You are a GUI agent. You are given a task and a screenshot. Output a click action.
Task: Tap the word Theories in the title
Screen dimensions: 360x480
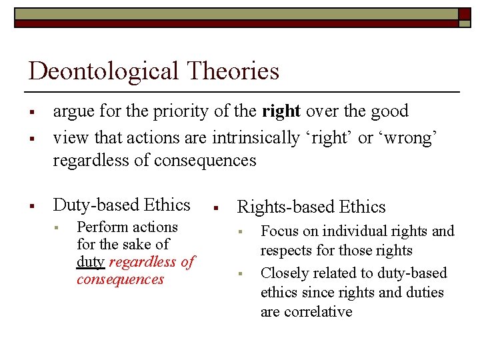pos(230,71)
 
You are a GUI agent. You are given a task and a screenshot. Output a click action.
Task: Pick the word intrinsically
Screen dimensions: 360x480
pos(256,137)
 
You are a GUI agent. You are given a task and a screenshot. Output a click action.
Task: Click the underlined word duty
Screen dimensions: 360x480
pos(90,262)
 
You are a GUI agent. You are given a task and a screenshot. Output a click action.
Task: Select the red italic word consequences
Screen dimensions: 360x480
pos(120,279)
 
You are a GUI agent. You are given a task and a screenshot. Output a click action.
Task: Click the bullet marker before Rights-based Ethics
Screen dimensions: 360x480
pos(215,208)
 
